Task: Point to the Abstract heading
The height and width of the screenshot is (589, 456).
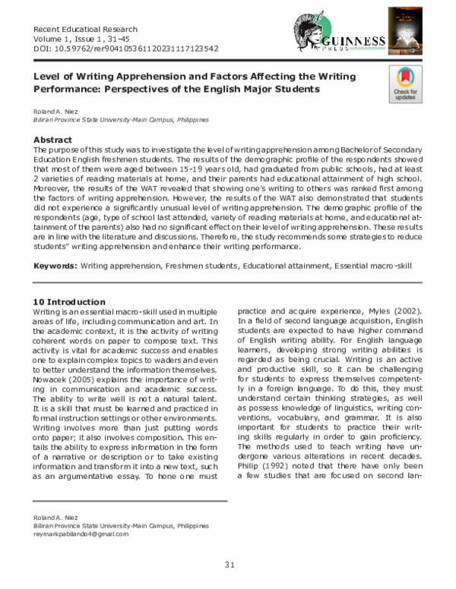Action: tap(53, 140)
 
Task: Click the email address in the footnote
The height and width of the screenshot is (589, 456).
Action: tap(79, 534)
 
